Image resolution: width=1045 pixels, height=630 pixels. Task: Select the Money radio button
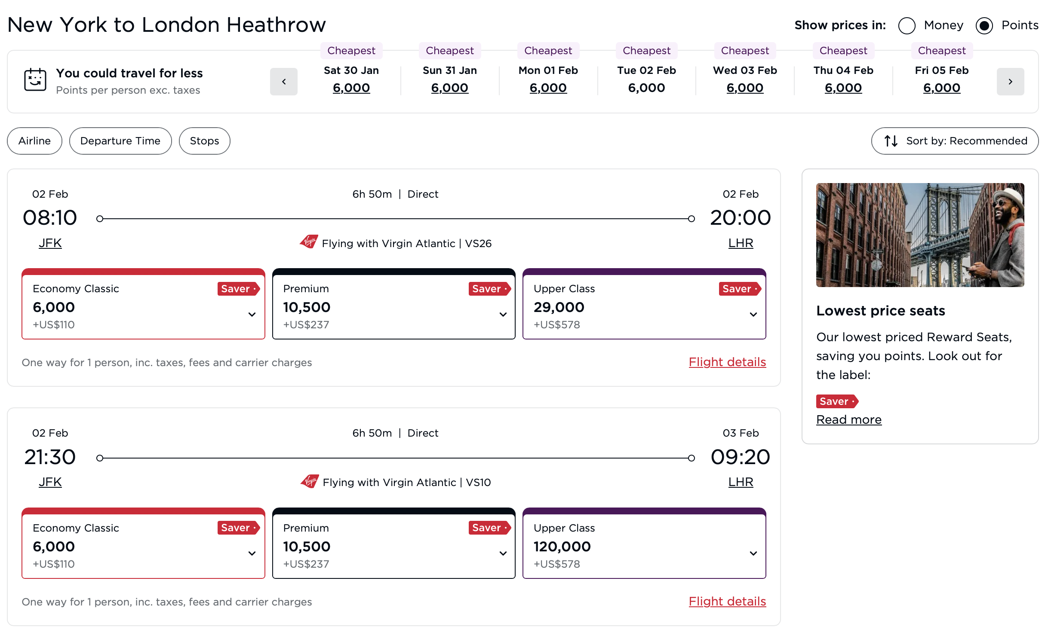[x=907, y=26]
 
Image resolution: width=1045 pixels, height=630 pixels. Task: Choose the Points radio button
[x=984, y=26]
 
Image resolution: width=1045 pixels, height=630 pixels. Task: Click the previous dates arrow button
[x=283, y=82]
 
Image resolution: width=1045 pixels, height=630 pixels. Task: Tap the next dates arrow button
[x=1010, y=82]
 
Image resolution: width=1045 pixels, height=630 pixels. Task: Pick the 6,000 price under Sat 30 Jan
[x=351, y=88]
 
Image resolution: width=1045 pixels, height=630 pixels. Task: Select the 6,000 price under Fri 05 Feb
[x=941, y=88]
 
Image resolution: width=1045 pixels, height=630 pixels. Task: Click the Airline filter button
[x=34, y=141]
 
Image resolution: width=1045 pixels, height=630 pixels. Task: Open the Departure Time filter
[x=120, y=141]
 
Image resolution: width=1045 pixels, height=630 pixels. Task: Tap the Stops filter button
[x=204, y=141]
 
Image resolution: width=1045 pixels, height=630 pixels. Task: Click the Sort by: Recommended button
[x=955, y=141]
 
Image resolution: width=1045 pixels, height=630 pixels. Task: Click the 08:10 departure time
[x=50, y=218]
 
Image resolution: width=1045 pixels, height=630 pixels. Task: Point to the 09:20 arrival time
[x=740, y=457]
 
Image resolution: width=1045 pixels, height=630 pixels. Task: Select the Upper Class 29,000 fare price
[x=559, y=307]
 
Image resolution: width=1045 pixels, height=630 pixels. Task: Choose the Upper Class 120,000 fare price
[x=562, y=547]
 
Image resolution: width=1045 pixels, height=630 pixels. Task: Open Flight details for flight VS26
[x=727, y=362]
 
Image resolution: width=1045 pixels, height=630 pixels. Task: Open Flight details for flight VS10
[x=727, y=602]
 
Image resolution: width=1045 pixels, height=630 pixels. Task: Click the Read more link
[x=848, y=419]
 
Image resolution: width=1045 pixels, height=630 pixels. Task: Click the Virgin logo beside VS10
[x=310, y=481]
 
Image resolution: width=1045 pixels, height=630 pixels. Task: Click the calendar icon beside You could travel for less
[x=35, y=80]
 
